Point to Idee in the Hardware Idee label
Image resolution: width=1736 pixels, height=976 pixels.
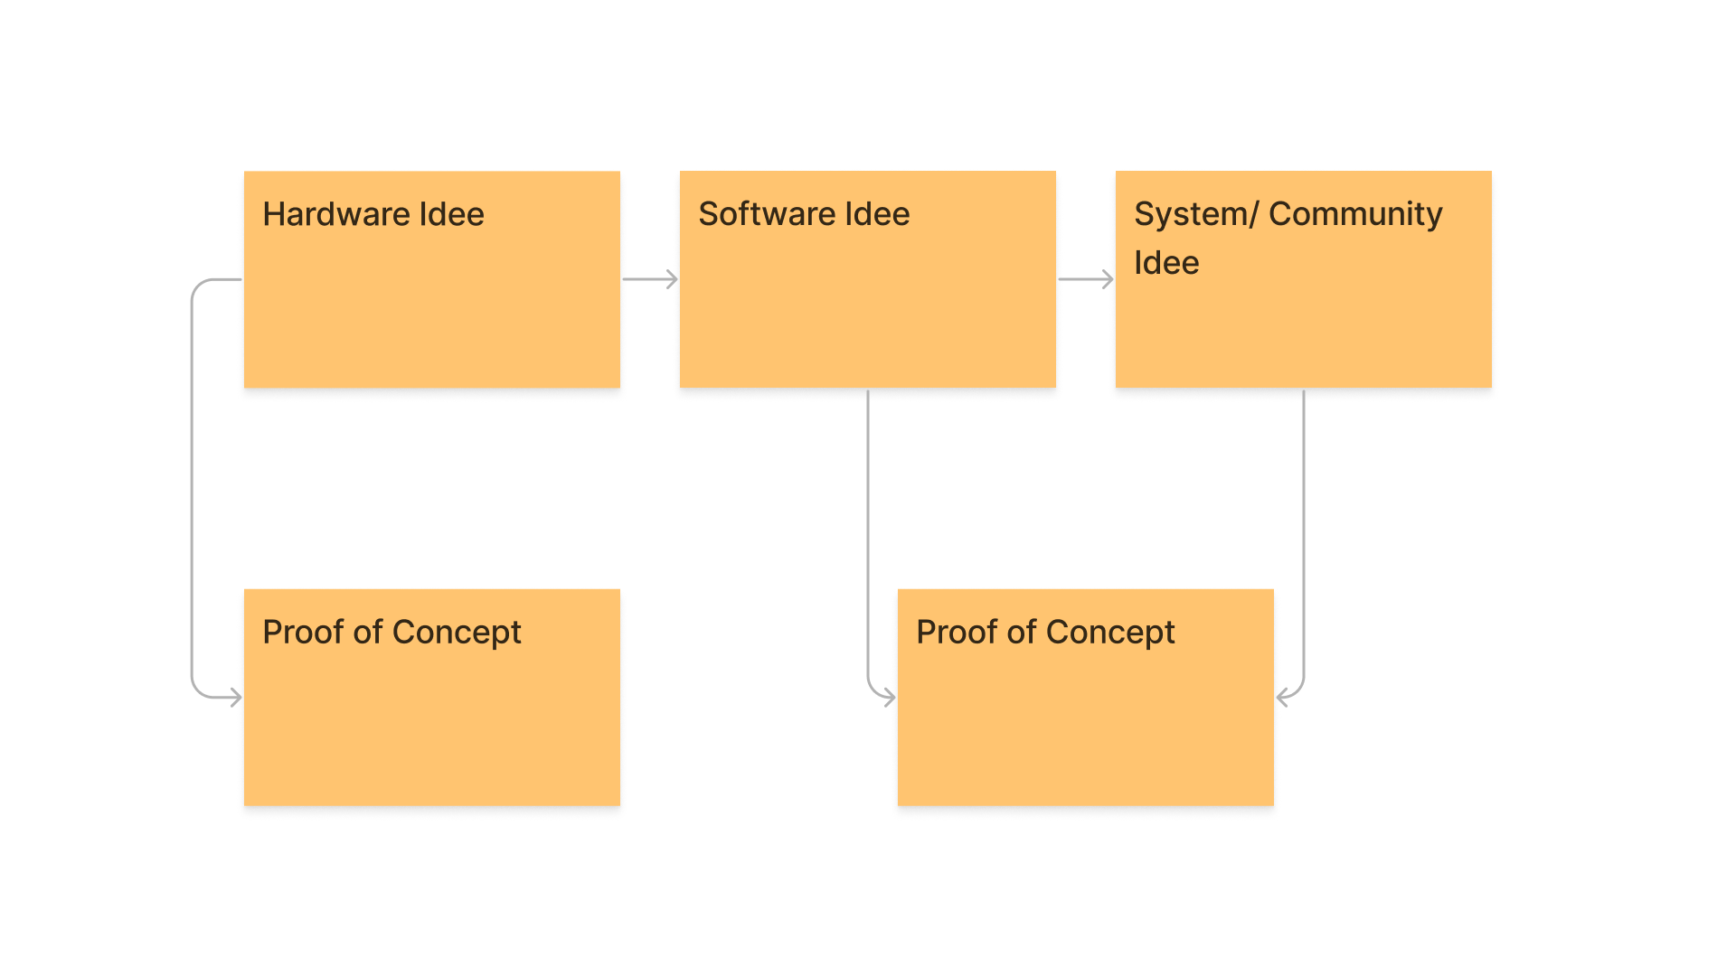(x=451, y=214)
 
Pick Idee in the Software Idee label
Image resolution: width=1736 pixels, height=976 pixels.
(x=877, y=214)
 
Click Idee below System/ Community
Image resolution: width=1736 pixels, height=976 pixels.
(x=1166, y=263)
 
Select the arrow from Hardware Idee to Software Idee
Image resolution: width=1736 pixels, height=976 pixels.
(x=650, y=279)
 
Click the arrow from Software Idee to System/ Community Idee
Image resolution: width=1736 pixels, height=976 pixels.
(x=1086, y=279)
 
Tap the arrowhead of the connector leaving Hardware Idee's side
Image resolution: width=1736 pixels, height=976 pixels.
(x=236, y=697)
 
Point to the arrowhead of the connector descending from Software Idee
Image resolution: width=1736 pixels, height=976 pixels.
(x=889, y=697)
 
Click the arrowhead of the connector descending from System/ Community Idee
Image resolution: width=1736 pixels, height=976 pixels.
(x=1282, y=697)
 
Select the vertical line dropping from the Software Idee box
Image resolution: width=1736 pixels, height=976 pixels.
(x=868, y=533)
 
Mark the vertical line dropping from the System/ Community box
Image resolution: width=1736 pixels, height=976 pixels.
(x=1304, y=533)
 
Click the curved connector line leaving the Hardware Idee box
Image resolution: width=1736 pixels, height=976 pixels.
(x=192, y=488)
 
